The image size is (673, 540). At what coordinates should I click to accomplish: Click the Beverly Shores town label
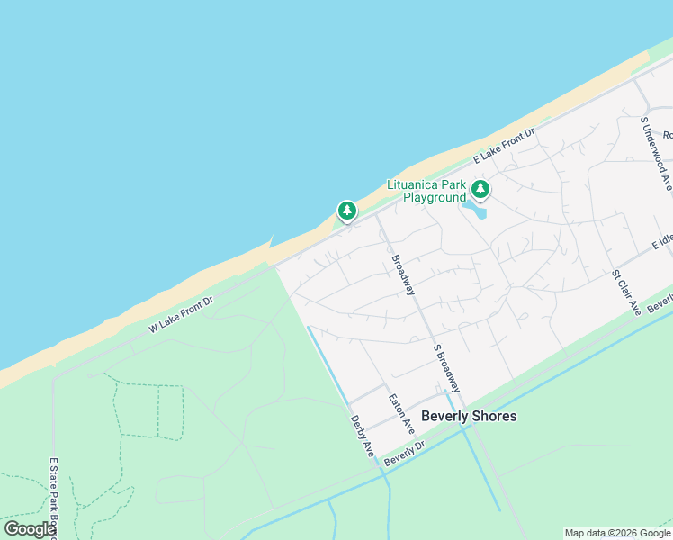tap(470, 416)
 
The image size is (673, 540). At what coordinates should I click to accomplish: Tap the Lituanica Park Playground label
tap(426, 191)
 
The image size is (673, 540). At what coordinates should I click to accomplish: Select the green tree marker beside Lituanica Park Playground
tap(481, 189)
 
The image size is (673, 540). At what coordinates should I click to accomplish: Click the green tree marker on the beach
tap(347, 211)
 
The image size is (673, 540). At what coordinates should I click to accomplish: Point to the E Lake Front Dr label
tap(505, 145)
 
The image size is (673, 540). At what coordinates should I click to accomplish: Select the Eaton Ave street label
tap(401, 413)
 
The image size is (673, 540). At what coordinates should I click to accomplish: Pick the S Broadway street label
tap(446, 367)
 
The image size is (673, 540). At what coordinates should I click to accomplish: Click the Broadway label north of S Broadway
tap(403, 275)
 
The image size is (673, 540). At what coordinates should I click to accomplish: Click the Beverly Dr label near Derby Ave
tap(404, 453)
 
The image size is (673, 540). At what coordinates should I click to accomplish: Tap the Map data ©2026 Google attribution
tap(617, 533)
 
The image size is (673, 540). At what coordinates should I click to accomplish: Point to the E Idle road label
tap(662, 242)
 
